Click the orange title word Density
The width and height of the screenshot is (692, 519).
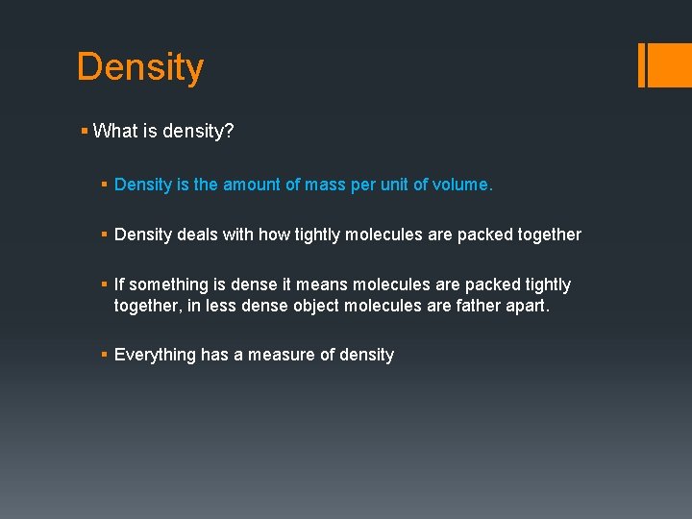pos(140,67)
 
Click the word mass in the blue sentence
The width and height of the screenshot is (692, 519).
pos(325,185)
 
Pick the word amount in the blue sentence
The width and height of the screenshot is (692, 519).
pos(252,185)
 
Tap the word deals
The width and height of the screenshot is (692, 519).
pos(201,235)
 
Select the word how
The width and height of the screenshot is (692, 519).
pos(277,235)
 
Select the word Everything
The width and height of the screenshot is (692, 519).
pos(155,355)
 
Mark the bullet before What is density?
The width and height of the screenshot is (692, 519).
pos(86,132)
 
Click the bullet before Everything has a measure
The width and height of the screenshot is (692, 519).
pos(105,355)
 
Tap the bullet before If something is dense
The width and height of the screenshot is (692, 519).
pos(105,284)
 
